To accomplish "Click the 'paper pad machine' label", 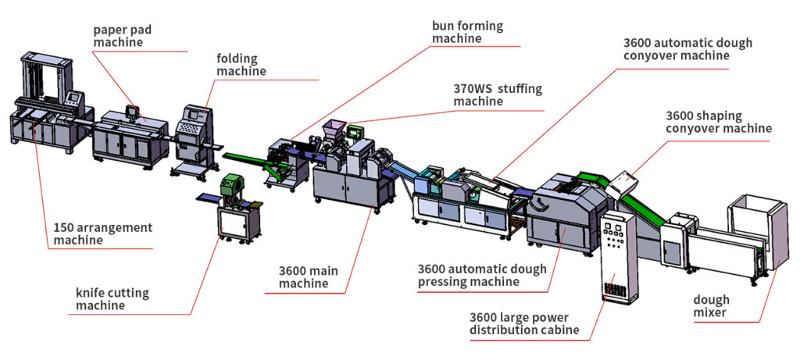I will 123,36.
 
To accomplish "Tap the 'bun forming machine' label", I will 467,32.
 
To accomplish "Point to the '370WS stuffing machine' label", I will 497,94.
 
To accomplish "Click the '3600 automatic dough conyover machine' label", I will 687,49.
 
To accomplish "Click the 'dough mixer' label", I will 710,306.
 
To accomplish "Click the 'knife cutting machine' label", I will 112,299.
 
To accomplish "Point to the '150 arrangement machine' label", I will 102,233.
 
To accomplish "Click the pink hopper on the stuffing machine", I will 336,127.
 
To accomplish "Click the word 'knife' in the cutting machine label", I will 90,293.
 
